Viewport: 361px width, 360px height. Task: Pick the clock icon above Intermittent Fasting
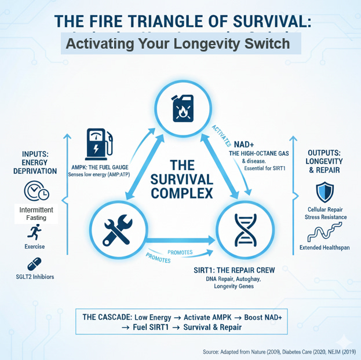(x=37, y=192)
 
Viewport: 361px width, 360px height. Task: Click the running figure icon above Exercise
(x=35, y=233)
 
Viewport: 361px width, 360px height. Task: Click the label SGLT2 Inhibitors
(x=35, y=277)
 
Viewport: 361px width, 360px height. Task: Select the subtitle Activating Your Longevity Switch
(x=177, y=43)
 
